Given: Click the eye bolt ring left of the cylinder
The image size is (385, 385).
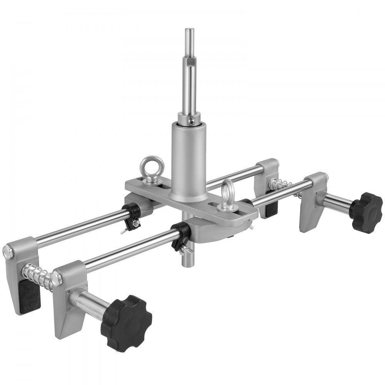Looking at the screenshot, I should pos(152,167).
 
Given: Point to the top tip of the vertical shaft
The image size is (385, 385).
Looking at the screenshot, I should pos(189,30).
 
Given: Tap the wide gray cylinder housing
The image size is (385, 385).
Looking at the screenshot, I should pos(189,162).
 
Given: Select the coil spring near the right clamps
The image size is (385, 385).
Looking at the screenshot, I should pos(281,186).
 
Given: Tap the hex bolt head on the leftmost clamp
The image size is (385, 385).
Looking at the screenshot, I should pos(8,252).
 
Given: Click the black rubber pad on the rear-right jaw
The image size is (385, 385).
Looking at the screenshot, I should pos(271,208).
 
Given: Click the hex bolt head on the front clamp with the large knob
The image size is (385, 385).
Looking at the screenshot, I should pos(57,278).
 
